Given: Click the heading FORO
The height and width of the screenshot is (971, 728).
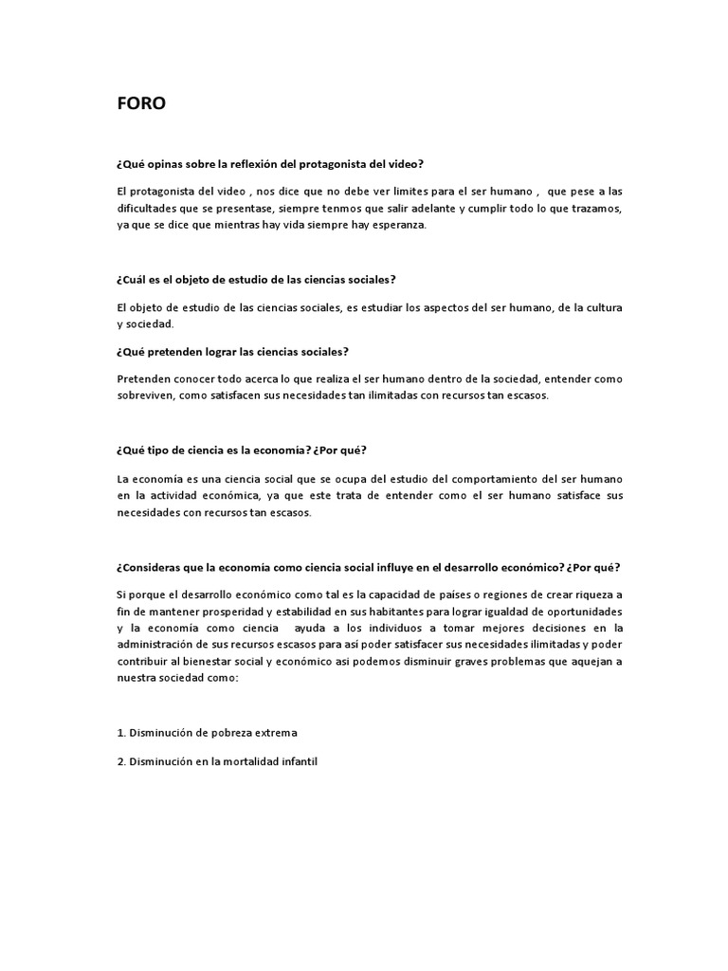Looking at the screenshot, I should pos(140,104).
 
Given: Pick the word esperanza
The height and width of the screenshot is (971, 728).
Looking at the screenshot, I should pos(398,225).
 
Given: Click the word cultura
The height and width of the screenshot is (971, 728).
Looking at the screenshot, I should pos(599,307).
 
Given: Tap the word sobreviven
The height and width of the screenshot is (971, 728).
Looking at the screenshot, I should pos(146,395).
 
